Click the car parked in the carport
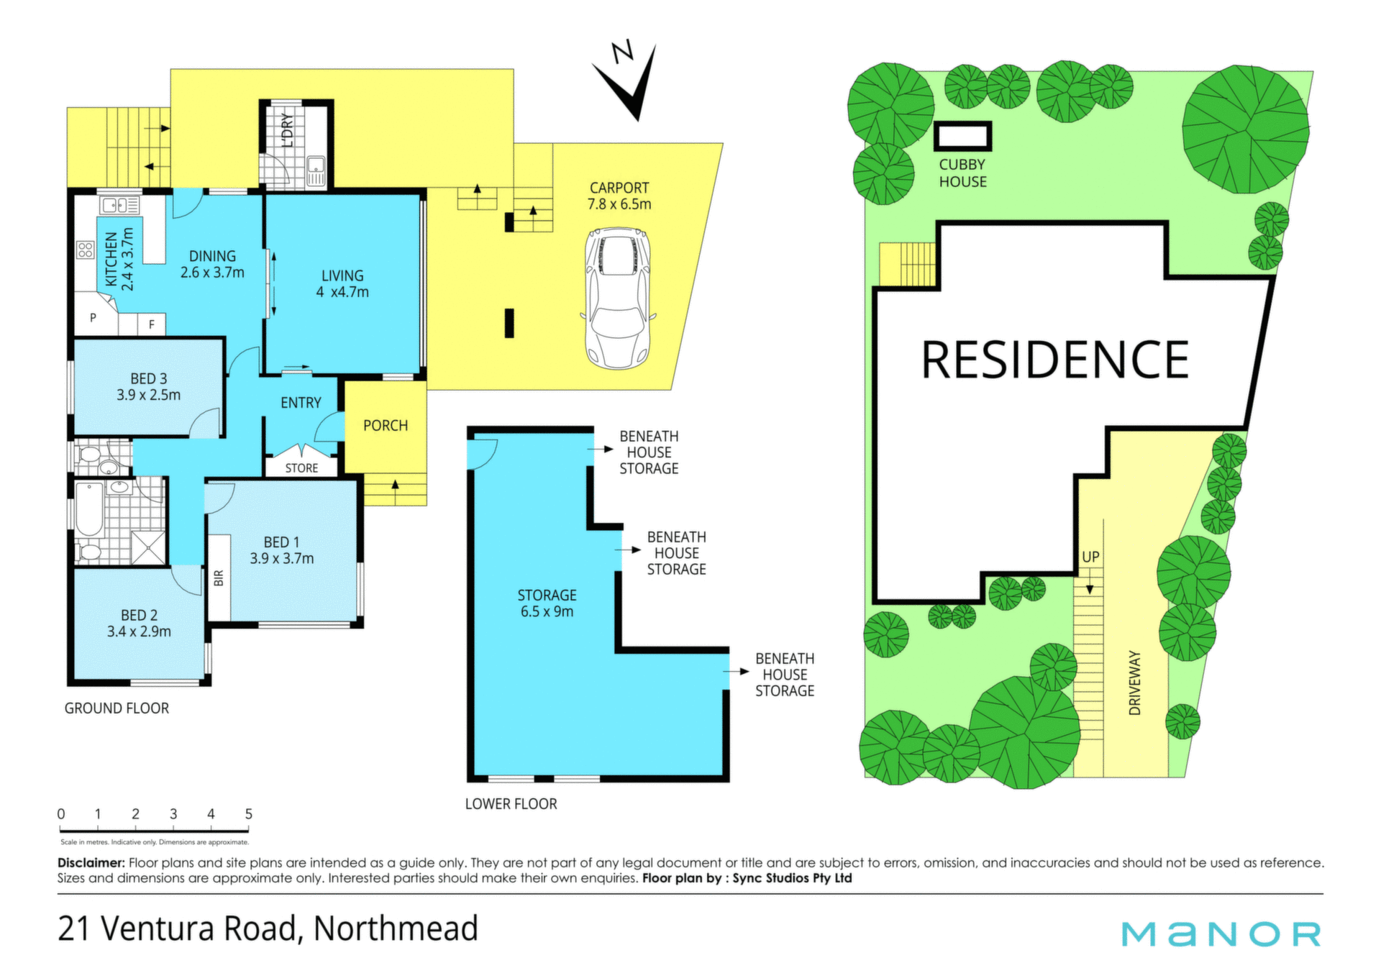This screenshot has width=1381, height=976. (619, 298)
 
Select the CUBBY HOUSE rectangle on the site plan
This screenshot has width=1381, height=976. (963, 136)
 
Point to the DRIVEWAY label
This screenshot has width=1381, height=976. (1135, 683)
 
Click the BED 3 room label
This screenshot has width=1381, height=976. (149, 378)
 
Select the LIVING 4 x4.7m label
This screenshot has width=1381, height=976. (342, 284)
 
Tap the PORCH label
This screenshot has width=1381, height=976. (386, 426)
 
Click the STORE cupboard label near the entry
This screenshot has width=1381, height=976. (301, 468)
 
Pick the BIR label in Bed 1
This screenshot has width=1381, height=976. (219, 578)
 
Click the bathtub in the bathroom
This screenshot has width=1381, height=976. (89, 509)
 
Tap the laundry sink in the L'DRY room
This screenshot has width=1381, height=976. (316, 171)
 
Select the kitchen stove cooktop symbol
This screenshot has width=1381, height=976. (86, 250)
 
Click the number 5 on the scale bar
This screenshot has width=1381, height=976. (249, 814)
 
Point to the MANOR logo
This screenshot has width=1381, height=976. (1221, 934)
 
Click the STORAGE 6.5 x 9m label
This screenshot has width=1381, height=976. (547, 603)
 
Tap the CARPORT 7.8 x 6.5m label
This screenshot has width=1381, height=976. (619, 196)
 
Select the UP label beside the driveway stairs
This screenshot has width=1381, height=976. (1090, 557)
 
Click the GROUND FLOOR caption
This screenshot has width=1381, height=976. (117, 708)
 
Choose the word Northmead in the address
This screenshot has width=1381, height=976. (396, 929)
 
